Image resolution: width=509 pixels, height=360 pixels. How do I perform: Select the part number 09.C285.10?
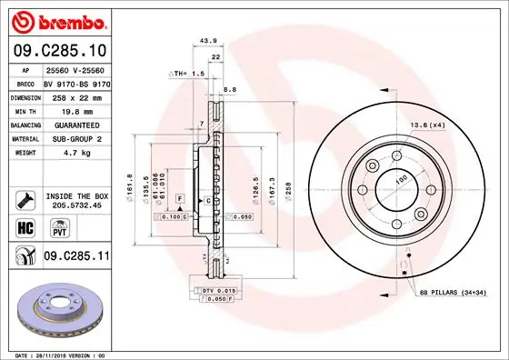click(x=58, y=51)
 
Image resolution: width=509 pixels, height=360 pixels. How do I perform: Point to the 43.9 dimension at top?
click(x=208, y=41)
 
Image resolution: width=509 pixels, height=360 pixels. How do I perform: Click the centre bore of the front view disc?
click(x=395, y=188)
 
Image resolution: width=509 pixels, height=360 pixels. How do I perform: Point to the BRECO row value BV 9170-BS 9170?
click(x=76, y=83)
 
